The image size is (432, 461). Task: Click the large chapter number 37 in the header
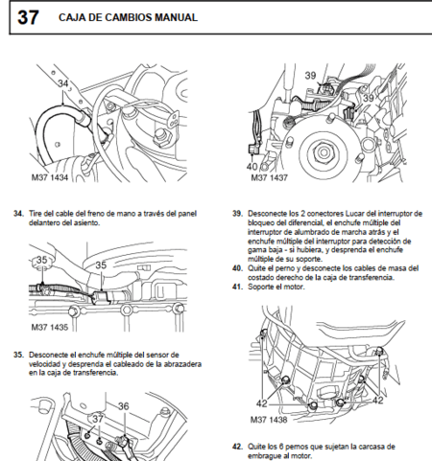pos(28,16)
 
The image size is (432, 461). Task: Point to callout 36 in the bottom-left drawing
pos(123,405)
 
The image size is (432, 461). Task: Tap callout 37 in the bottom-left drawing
pos(96,418)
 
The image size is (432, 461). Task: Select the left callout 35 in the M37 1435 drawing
pos(41,260)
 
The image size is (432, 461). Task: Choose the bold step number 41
pos(236,287)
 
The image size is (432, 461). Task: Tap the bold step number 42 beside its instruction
pos(236,446)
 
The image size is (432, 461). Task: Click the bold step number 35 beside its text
pos(18,354)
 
